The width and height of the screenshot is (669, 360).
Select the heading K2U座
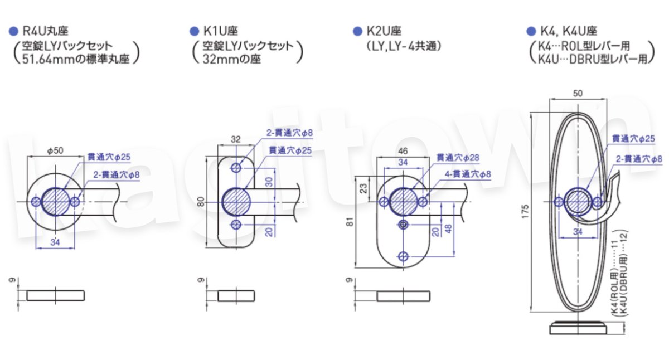tap(382, 31)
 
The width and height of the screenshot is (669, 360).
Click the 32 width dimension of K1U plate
tap(236, 139)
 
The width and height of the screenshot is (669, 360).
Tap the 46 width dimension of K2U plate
tap(404, 151)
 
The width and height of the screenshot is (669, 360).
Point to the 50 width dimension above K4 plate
tap(578, 94)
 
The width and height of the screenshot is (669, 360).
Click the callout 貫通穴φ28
tap(458, 158)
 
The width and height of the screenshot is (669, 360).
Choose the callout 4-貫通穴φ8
tap(468, 174)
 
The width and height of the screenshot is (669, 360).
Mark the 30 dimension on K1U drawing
tap(269, 182)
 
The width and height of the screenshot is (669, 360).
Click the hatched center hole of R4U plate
tap(55, 201)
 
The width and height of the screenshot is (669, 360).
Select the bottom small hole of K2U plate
tap(404, 256)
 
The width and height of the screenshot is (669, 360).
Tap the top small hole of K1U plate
tap(236, 167)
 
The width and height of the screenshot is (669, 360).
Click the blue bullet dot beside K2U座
tap(357, 31)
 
